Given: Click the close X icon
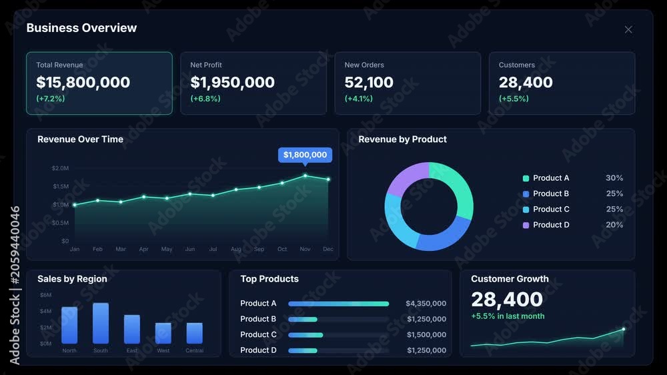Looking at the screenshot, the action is (x=628, y=29).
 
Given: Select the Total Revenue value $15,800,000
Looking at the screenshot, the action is (x=83, y=82).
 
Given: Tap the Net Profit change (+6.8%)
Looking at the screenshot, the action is (x=205, y=98).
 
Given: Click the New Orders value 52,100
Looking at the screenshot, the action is (x=369, y=82).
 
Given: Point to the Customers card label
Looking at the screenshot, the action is (x=517, y=65).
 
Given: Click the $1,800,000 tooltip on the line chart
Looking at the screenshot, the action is (x=305, y=155).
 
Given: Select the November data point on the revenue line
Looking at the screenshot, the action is (x=305, y=175).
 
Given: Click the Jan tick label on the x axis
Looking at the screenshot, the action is (x=75, y=249).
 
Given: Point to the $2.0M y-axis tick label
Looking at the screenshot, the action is (x=60, y=168).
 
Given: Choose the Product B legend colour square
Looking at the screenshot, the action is (x=526, y=194).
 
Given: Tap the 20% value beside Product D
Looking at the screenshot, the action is (x=614, y=225).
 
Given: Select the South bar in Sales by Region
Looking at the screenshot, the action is (x=101, y=323).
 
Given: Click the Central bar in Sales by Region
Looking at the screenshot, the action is (x=194, y=333).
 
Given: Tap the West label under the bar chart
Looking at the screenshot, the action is (x=163, y=351).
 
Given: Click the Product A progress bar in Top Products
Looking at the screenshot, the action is (x=339, y=304).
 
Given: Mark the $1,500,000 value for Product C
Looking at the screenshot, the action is (x=426, y=334).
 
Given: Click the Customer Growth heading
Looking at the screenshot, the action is (x=510, y=279).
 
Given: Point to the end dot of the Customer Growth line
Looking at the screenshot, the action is (x=624, y=329).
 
